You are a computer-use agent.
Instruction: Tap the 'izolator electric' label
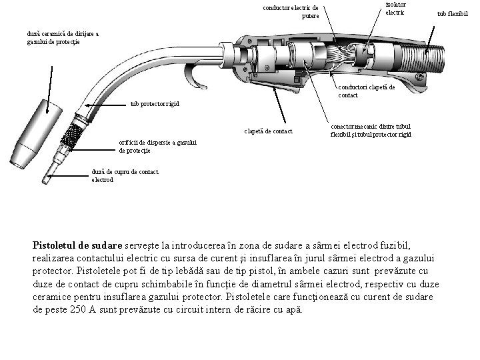point(395,9)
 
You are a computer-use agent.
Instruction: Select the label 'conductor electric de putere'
point(291,12)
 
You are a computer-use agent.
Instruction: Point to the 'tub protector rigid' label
point(154,104)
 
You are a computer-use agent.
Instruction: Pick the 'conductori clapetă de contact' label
point(366,91)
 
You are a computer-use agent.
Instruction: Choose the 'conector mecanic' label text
point(370,130)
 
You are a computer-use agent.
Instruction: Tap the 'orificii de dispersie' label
point(150,147)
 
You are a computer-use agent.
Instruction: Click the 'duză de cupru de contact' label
point(125,175)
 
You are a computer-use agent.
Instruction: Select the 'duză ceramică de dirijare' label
point(63,37)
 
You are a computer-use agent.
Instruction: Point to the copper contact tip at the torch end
point(50,175)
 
